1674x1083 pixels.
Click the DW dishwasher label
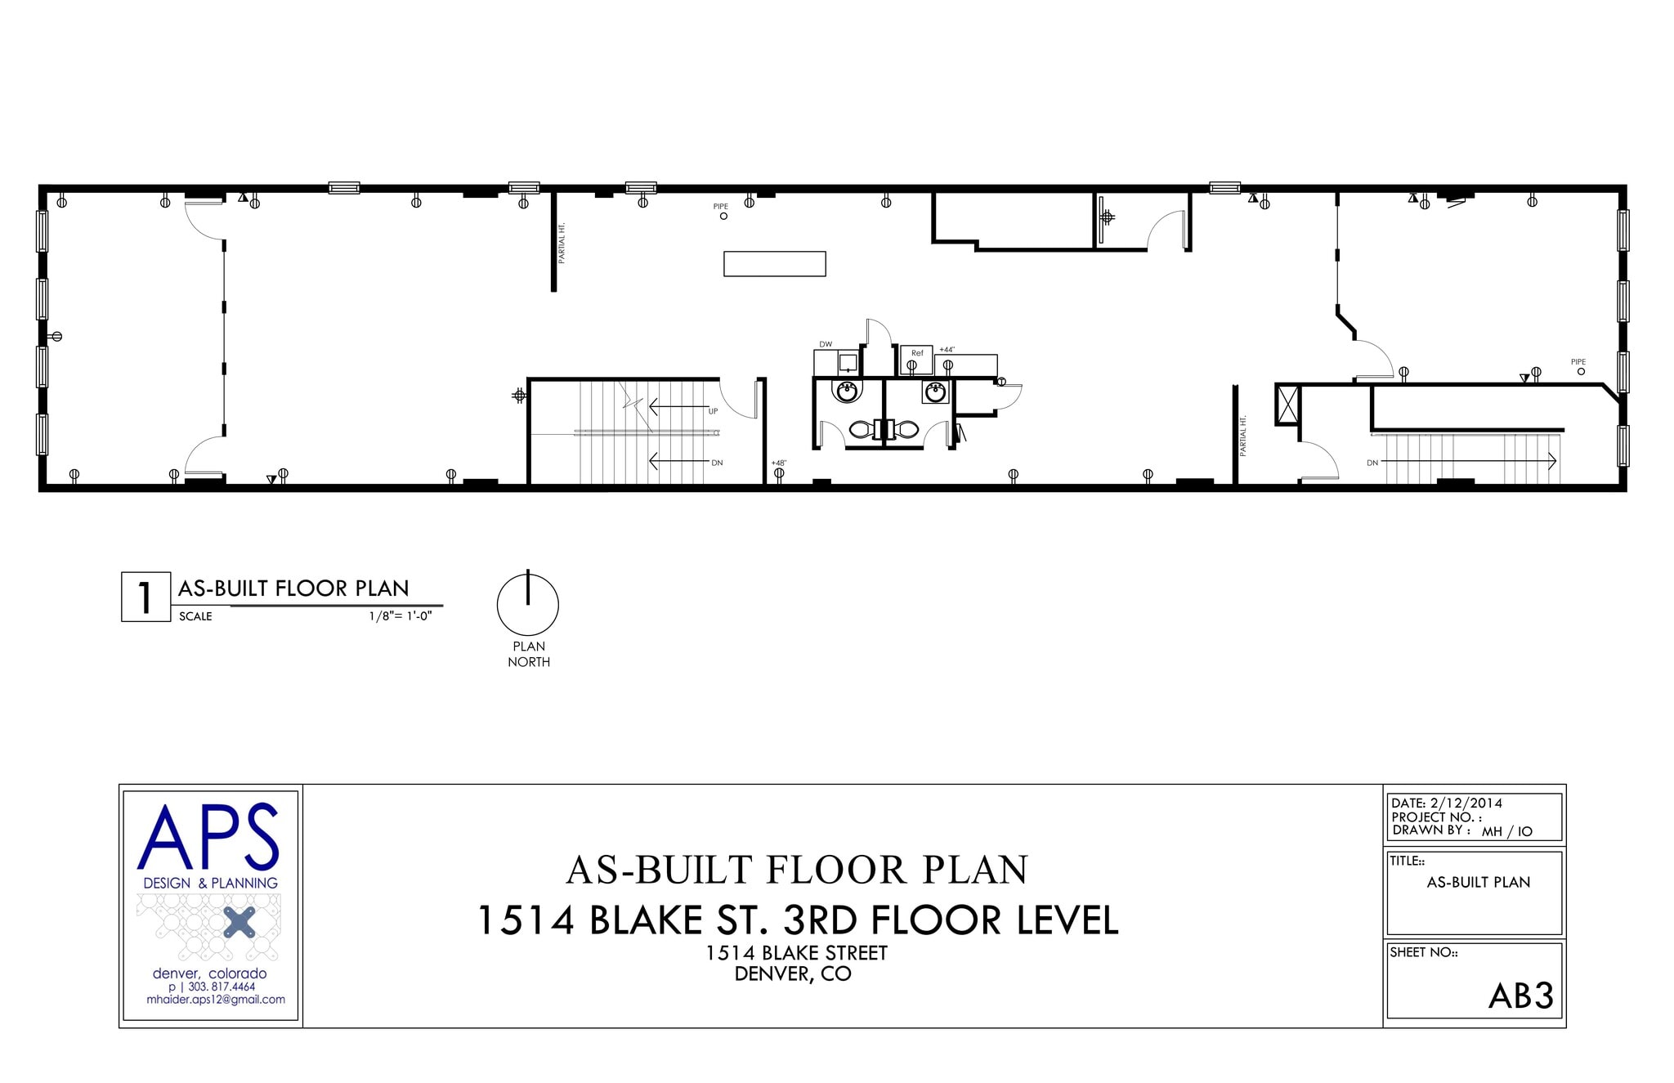826,344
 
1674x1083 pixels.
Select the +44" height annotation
947,350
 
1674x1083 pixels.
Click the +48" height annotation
778,463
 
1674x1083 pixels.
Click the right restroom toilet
906,429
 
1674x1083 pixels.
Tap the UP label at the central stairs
713,411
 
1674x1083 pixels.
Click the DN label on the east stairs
1372,463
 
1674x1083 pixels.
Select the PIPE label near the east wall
1578,362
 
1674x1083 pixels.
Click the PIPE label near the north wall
720,207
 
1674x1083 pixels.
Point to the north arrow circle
528,606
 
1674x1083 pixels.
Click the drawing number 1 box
145,597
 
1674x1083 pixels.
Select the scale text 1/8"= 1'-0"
400,616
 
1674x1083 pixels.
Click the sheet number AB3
1520,996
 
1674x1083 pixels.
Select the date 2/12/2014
1466,803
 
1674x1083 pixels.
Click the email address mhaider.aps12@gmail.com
216,1000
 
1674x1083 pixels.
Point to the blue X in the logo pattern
239,922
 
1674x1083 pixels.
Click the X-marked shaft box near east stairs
1287,405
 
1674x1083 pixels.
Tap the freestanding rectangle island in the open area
774,264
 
